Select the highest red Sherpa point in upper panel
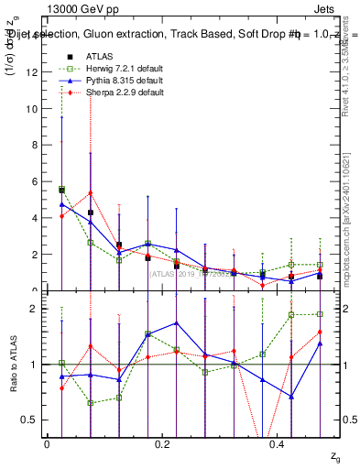pyautogui.click(x=90, y=193)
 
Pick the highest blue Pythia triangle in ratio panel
pyautogui.click(x=176, y=322)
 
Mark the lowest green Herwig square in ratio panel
pyautogui.click(x=90, y=403)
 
